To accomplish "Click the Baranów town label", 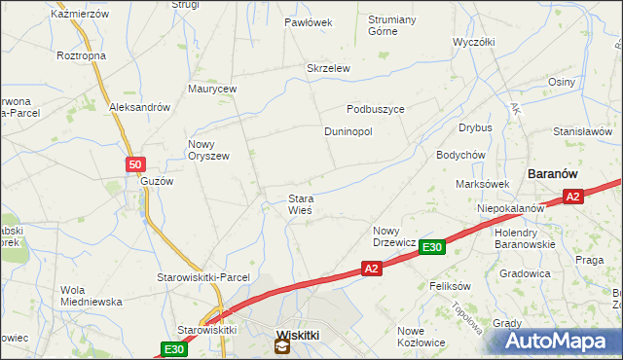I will pyautogui.click(x=553, y=172).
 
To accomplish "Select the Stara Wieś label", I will pyautogui.click(x=301, y=204).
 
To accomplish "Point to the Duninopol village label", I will pyautogui.click(x=348, y=131).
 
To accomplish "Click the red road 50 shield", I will pyautogui.click(x=136, y=164).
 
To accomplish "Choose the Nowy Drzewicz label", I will pyautogui.click(x=395, y=236).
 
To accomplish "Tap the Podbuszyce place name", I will pyautogui.click(x=376, y=109).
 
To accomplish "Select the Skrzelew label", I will pyautogui.click(x=328, y=68).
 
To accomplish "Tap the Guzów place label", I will pyautogui.click(x=157, y=182).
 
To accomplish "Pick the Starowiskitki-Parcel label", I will pyautogui.click(x=203, y=277).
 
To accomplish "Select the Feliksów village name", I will pyautogui.click(x=450, y=287).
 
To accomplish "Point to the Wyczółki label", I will pyautogui.click(x=475, y=43).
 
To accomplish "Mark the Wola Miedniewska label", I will pyautogui.click(x=91, y=296).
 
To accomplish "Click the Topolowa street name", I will pyautogui.click(x=467, y=317).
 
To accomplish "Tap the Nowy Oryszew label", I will pyautogui.click(x=207, y=150).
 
